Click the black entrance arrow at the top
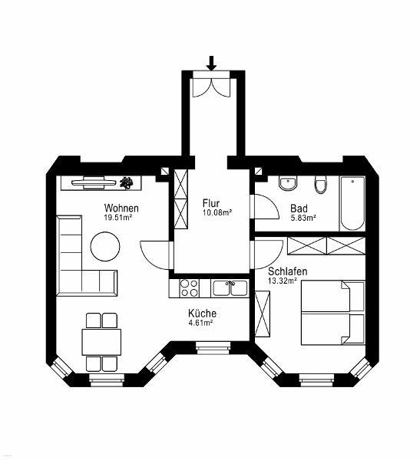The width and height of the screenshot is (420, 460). [x=211, y=64]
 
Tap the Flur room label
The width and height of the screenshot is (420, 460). [x=210, y=203]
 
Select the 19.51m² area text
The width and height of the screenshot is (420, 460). [x=117, y=218]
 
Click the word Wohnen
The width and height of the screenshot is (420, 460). [x=121, y=209]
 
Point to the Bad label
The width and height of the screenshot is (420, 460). [x=299, y=209]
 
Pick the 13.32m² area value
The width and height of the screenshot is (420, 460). [x=282, y=281]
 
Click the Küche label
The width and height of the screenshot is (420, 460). [x=202, y=314]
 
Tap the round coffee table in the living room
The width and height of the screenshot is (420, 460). [x=105, y=246]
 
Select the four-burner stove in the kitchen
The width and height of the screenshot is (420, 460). [x=189, y=288]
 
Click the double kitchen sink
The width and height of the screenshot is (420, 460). [x=230, y=288]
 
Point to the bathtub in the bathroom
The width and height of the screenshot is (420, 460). [x=352, y=204]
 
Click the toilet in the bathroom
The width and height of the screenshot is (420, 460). [x=321, y=185]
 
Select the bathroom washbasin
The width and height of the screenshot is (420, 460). [x=288, y=184]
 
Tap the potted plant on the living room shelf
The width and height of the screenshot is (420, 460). [x=126, y=182]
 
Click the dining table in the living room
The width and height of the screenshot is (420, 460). [x=101, y=342]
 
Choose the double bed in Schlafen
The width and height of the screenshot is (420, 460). [x=333, y=313]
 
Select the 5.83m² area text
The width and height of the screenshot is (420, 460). [x=303, y=218]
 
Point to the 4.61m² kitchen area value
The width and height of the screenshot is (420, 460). [x=200, y=323]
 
